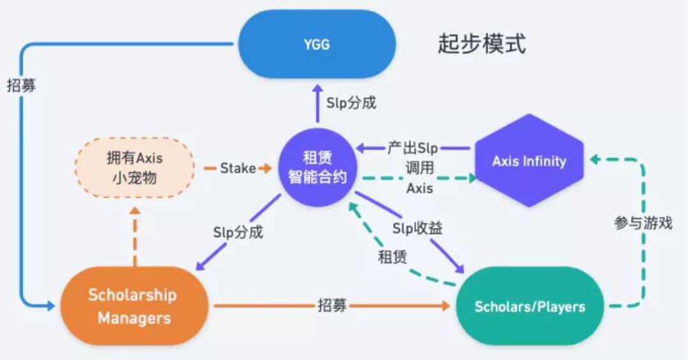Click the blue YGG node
pyautogui.click(x=317, y=44)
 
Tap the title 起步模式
pyautogui.click(x=482, y=44)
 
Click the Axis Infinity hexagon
pyautogui.click(x=529, y=161)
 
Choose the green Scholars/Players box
pyautogui.click(x=529, y=306)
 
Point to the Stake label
pyautogui.click(x=238, y=168)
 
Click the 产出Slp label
pyautogui.click(x=412, y=148)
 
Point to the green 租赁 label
pyautogui.click(x=392, y=257)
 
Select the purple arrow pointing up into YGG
pyautogui.click(x=317, y=105)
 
